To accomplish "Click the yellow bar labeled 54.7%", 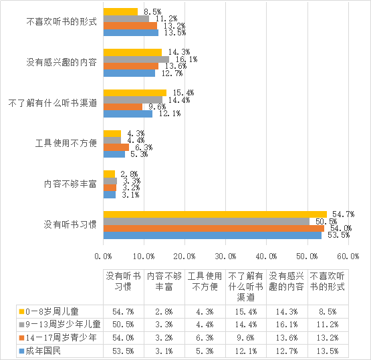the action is click(x=215, y=214).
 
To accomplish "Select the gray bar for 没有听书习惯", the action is click(x=207, y=222).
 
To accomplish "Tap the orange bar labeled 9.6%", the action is click(x=123, y=107).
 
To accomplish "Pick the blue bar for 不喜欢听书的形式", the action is click(x=131, y=33).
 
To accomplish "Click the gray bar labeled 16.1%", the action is click(x=136, y=59).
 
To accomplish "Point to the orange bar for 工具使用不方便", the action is click(x=116, y=147).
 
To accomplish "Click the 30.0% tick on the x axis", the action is click(x=225, y=256).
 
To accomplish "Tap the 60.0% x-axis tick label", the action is click(x=348, y=256).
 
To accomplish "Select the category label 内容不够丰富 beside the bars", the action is click(x=70, y=184).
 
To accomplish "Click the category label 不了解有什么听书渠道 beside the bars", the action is click(x=53, y=103).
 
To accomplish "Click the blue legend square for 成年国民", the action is click(x=22, y=351).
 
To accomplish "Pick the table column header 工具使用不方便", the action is click(x=205, y=281).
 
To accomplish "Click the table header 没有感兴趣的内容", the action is click(x=287, y=281).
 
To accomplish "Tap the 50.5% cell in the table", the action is click(x=123, y=325).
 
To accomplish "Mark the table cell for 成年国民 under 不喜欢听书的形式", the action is click(x=328, y=351).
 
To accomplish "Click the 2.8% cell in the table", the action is click(x=164, y=311).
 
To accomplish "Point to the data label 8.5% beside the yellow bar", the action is click(x=152, y=11).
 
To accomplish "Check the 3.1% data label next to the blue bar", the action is click(x=130, y=195).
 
